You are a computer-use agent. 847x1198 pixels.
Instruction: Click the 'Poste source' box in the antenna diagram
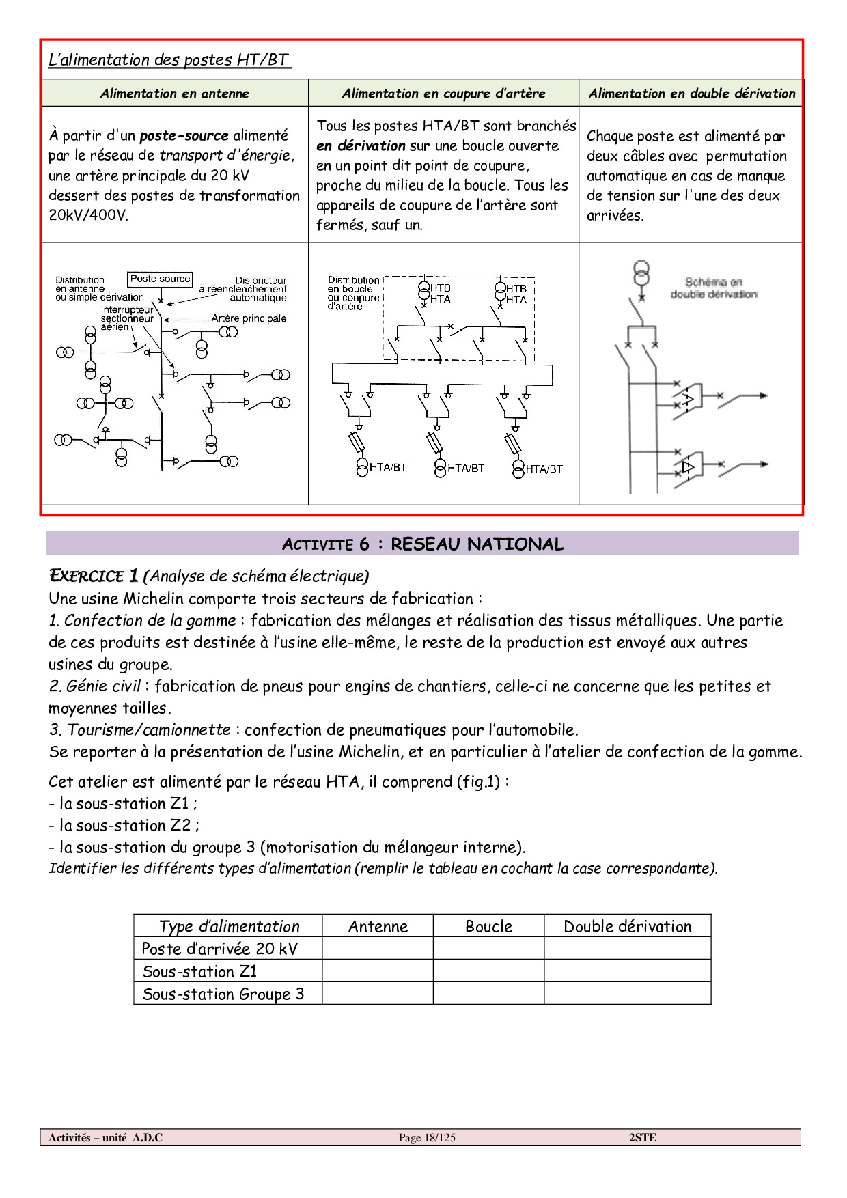(160, 279)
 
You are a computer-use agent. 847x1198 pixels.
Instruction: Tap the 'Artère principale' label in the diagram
(249, 318)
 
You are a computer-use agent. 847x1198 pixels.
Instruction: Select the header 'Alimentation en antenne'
(174, 94)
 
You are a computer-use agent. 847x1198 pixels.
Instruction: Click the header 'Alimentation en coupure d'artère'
(443, 94)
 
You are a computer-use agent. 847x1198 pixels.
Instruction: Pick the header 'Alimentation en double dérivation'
(692, 94)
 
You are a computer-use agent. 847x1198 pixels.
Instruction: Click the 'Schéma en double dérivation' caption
(714, 288)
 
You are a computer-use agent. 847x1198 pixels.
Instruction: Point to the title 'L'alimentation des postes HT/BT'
(169, 59)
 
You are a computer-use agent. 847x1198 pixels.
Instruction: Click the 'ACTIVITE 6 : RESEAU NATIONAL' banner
(422, 544)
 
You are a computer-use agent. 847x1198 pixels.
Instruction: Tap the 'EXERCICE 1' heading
(94, 576)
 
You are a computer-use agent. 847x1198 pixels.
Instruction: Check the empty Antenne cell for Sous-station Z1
(378, 971)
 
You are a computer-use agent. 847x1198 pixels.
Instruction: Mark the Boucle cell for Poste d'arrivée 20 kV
(488, 948)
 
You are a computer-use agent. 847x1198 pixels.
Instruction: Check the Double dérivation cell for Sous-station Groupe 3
(627, 993)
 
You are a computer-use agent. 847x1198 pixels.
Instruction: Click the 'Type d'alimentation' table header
(229, 926)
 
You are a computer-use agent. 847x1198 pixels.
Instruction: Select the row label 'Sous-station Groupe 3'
(223, 994)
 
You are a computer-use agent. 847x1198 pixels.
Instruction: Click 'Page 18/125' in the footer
(427, 1137)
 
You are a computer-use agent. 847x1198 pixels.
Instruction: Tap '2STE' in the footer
(642, 1137)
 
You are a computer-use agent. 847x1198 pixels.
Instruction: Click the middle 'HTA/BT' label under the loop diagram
(466, 469)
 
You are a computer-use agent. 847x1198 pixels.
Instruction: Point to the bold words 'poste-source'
(184, 135)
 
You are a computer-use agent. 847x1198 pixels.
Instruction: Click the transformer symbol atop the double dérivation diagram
(641, 273)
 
